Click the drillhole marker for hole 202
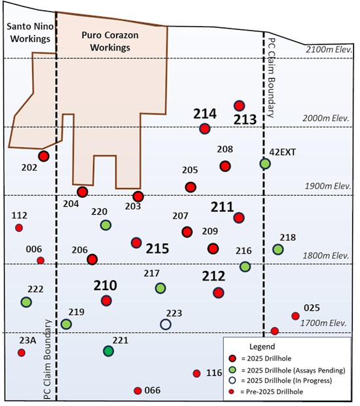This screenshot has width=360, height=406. [x=44, y=156]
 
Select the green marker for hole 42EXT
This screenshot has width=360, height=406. [x=265, y=164]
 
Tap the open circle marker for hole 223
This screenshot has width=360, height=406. [x=166, y=324]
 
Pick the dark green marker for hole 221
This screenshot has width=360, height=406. [x=109, y=351]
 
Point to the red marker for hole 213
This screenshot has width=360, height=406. [x=239, y=105]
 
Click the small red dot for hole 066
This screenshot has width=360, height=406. [x=137, y=391]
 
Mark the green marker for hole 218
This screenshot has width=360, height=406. [x=278, y=249]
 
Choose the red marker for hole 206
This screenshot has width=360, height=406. [x=92, y=259]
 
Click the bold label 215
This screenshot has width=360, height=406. [x=157, y=249]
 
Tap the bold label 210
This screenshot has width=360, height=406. [x=105, y=286]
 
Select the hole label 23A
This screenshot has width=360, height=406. [x=27, y=341]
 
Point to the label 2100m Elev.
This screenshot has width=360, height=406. [x=329, y=50]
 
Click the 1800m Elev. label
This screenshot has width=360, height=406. [x=326, y=255]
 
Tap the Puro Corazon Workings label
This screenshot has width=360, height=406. [x=110, y=41]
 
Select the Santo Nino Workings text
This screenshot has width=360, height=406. [x=30, y=32]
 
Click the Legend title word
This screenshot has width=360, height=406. [x=262, y=346]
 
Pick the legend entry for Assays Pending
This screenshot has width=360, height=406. [x=287, y=370]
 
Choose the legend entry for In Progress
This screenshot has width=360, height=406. [x=280, y=380]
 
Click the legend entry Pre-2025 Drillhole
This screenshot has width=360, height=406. [x=266, y=392]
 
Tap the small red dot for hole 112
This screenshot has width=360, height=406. [x=19, y=228]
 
